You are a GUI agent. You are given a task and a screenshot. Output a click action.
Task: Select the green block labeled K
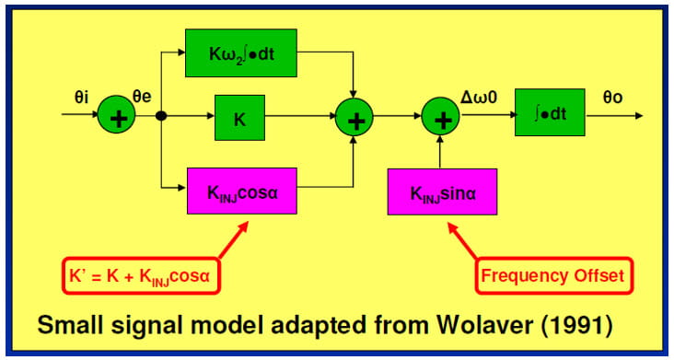[239, 117]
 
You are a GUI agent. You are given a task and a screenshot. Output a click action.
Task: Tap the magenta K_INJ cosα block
[241, 191]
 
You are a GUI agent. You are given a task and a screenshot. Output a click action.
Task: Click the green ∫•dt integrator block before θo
[550, 117]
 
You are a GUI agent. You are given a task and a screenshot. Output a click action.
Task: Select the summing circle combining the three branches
[353, 117]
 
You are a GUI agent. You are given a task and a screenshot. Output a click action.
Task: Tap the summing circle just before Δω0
[441, 117]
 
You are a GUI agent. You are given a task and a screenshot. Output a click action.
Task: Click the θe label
[144, 95]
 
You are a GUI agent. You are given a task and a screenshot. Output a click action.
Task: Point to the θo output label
[611, 95]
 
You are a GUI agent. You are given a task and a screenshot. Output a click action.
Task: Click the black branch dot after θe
[160, 117]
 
